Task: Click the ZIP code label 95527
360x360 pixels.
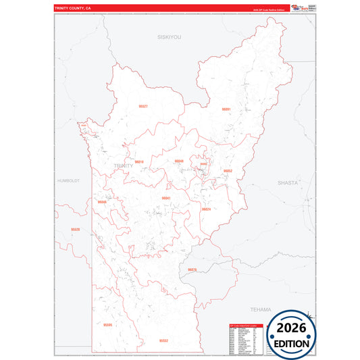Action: (143, 107)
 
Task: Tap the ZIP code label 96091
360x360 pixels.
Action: (226, 109)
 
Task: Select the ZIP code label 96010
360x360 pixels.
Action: (139, 162)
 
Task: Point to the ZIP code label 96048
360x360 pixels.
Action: (179, 161)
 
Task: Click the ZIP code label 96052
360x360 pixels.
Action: (228, 171)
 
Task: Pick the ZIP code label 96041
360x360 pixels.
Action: (166, 198)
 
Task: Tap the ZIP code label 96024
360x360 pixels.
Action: (206, 209)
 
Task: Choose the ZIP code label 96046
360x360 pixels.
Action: (102, 202)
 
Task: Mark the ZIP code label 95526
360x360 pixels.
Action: (75, 230)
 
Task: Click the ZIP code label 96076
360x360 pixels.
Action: (192, 269)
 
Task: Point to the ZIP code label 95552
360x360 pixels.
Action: (163, 341)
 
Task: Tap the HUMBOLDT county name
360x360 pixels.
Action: (69, 181)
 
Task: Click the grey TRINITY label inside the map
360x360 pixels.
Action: (124, 166)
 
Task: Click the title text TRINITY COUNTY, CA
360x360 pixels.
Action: (72, 9)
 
